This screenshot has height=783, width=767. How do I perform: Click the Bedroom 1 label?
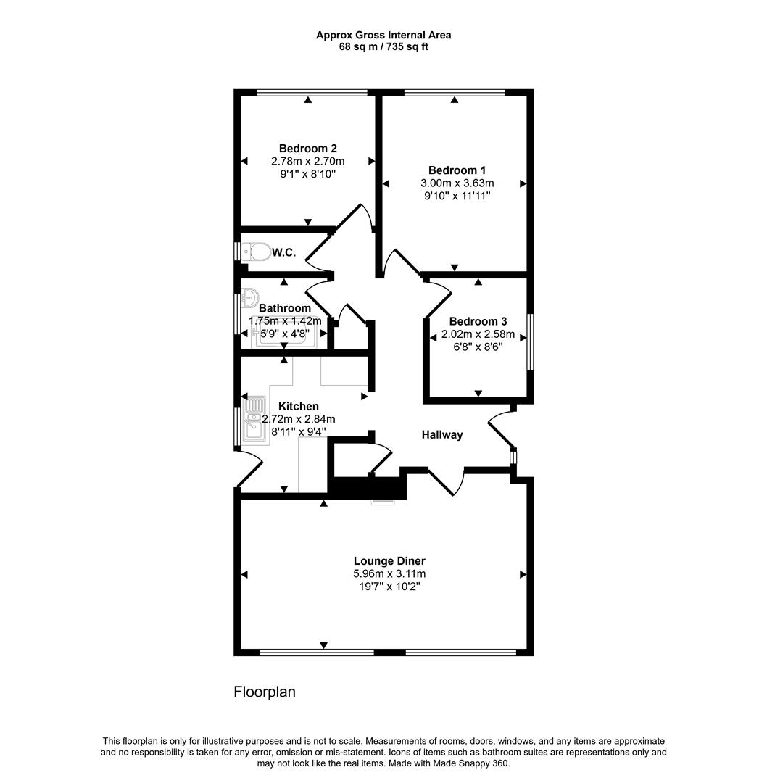[452, 170]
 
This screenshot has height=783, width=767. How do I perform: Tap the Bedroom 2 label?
[307, 149]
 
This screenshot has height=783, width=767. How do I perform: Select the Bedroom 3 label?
[478, 321]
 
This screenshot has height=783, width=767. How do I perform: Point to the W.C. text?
[283, 252]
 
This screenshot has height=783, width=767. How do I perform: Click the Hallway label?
[442, 435]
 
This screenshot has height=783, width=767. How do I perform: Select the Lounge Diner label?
[389, 560]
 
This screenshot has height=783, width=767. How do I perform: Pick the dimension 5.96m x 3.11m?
[389, 573]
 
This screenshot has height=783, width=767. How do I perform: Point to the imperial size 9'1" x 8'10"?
[307, 174]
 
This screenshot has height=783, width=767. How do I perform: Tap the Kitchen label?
[298, 407]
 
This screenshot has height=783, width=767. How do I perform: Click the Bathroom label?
[284, 308]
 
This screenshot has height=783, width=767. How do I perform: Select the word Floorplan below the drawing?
[265, 692]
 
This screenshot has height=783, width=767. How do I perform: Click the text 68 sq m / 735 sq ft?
[383, 46]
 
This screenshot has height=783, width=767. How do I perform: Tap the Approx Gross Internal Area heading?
[383, 35]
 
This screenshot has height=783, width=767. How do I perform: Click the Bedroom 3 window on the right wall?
[530, 341]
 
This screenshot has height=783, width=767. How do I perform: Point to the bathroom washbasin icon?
[249, 297]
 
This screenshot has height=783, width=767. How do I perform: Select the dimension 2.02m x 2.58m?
[478, 334]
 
